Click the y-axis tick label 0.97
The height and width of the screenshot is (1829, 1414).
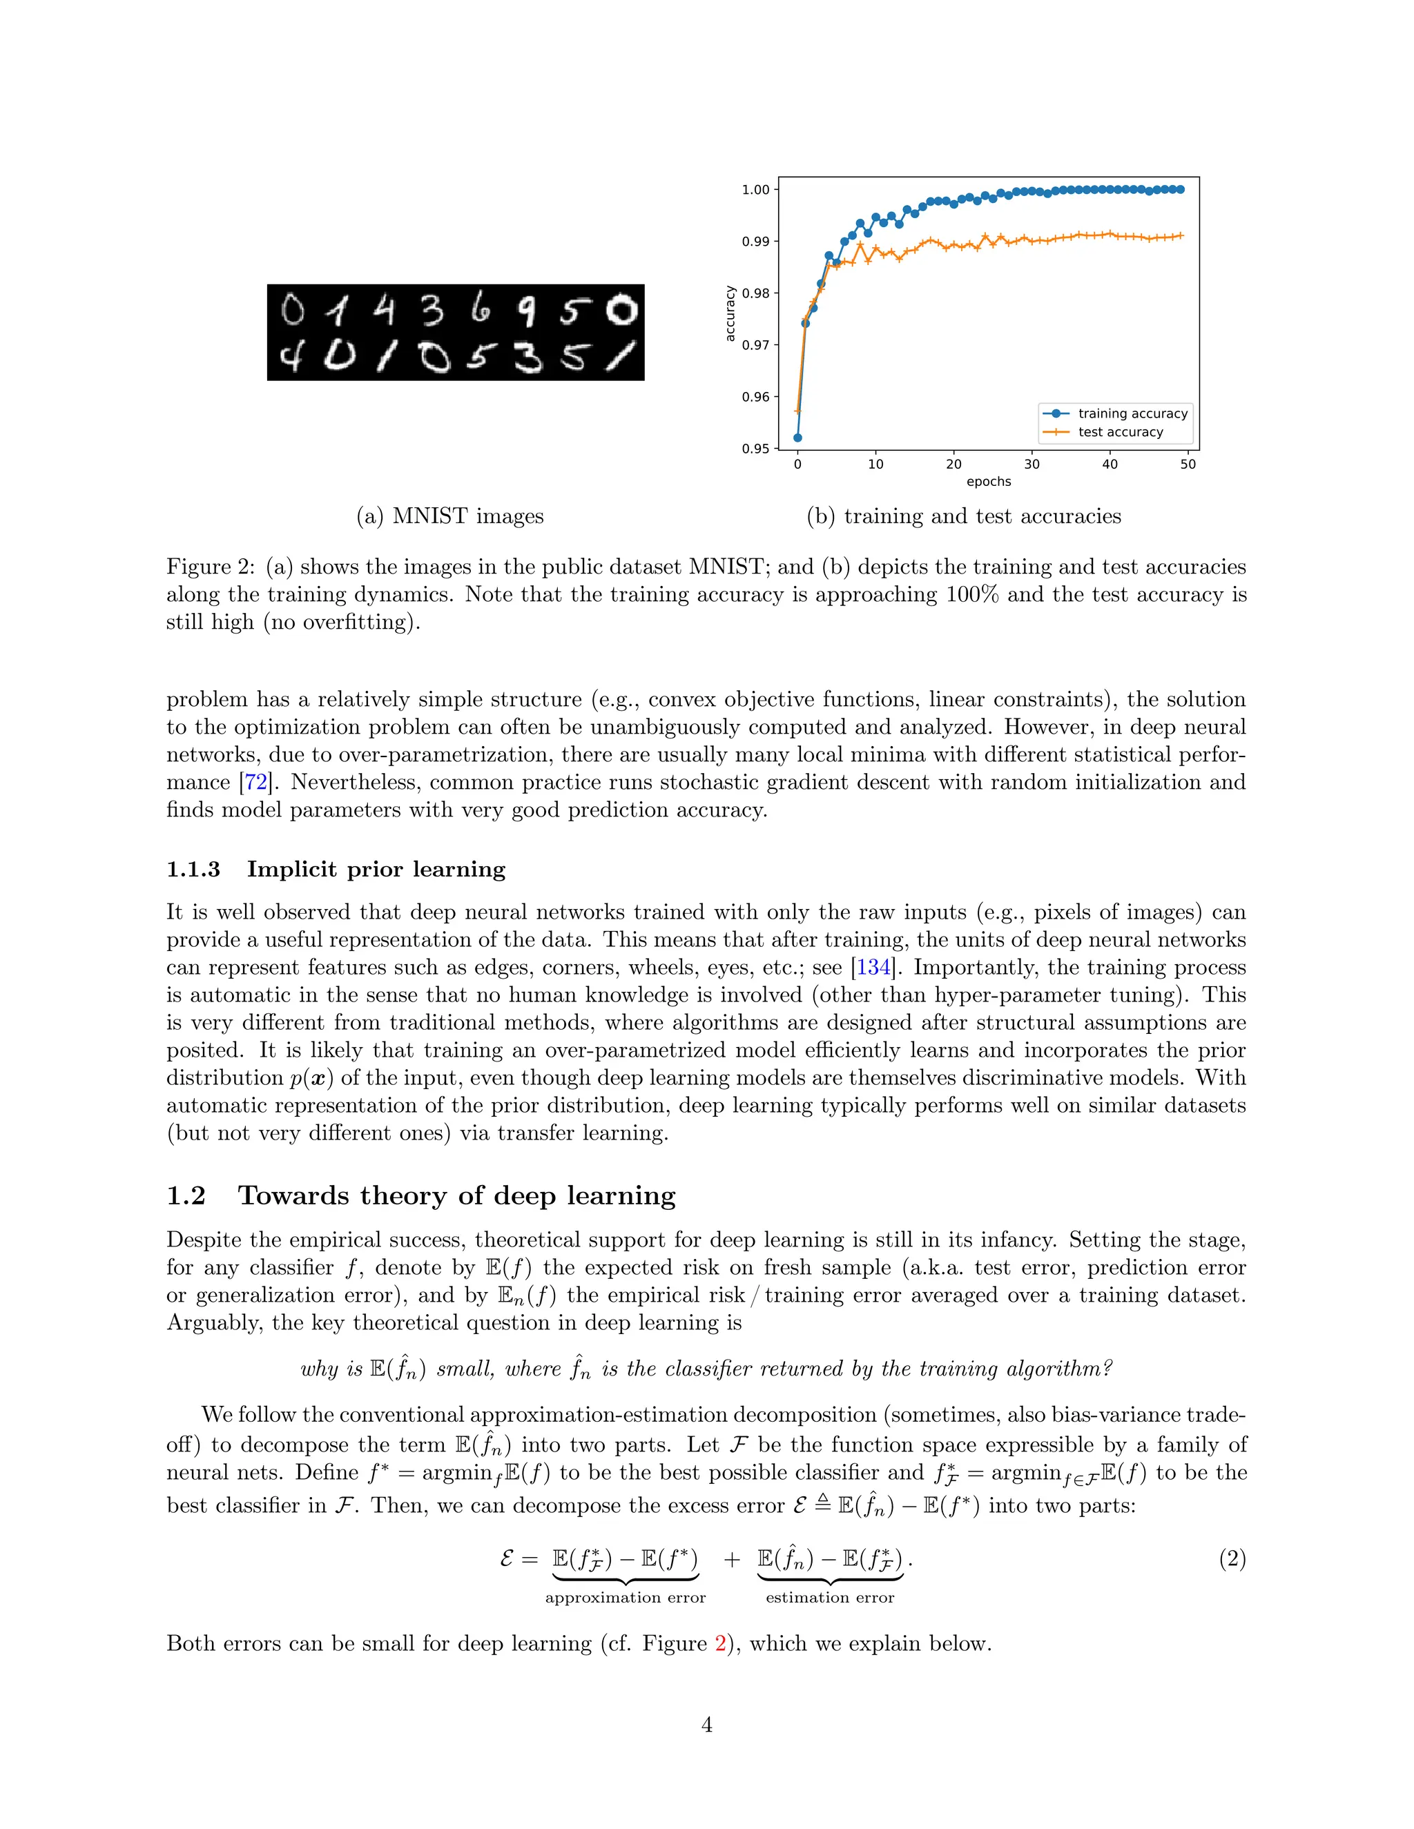(x=755, y=345)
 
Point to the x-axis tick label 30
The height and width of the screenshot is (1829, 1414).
(x=1032, y=464)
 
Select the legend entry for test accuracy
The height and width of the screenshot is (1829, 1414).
(x=1120, y=432)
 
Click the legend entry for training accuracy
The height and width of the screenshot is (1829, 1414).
(x=1132, y=413)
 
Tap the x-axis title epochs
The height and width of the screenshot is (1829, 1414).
(x=989, y=482)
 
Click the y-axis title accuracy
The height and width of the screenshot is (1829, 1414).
(x=730, y=313)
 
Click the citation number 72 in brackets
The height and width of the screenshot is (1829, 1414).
(x=255, y=782)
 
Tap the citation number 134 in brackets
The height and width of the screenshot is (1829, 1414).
(x=873, y=967)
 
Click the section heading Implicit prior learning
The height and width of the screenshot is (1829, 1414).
(x=376, y=869)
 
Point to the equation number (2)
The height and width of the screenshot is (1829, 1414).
(x=1232, y=1558)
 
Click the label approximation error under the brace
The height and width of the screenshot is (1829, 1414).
(x=625, y=1598)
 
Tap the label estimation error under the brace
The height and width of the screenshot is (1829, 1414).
(x=829, y=1598)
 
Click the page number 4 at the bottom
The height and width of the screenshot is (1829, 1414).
(x=706, y=1725)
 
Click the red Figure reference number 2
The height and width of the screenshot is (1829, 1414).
(x=720, y=1644)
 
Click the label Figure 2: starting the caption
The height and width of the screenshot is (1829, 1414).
(x=211, y=567)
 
